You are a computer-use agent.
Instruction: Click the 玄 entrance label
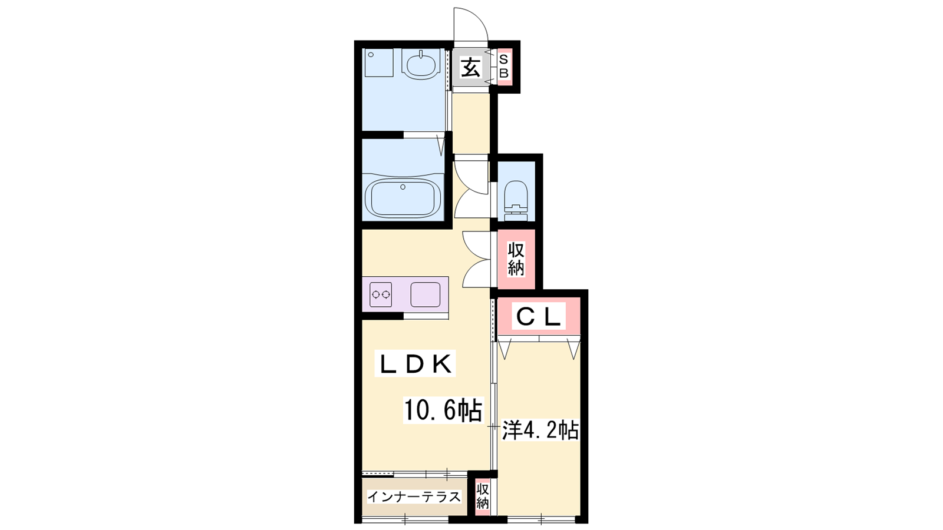pyautogui.click(x=470, y=68)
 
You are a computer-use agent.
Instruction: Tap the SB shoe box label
pyautogui.click(x=504, y=67)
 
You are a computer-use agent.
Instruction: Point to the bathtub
pyautogui.click(x=403, y=198)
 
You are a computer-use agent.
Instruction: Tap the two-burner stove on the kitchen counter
pyautogui.click(x=381, y=294)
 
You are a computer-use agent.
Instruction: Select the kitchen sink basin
pyautogui.click(x=425, y=294)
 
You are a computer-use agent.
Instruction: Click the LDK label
pyautogui.click(x=416, y=364)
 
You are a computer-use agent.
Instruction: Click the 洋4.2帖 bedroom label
pyautogui.click(x=540, y=430)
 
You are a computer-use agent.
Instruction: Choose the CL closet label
pyautogui.click(x=539, y=317)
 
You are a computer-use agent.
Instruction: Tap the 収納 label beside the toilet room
pyautogui.click(x=516, y=259)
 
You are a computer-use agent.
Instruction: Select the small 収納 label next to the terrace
pyautogui.click(x=483, y=496)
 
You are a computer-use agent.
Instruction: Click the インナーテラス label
pyautogui.click(x=414, y=497)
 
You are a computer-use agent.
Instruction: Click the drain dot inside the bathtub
pyautogui.click(x=403, y=187)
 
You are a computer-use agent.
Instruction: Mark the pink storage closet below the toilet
pyautogui.click(x=516, y=259)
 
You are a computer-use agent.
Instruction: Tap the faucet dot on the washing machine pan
pyautogui.click(x=371, y=55)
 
